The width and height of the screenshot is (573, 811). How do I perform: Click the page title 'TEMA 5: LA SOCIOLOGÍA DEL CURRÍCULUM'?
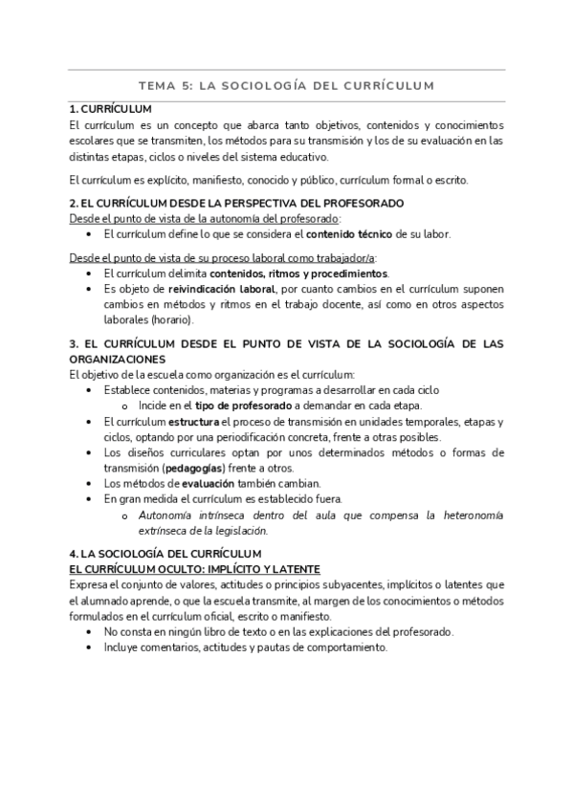coord(286,85)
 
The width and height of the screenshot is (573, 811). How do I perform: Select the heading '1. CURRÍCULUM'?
coord(111,109)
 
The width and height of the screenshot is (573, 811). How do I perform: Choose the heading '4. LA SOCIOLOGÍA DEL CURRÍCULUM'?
coord(159,554)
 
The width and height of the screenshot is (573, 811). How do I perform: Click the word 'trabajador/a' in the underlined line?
coord(347,257)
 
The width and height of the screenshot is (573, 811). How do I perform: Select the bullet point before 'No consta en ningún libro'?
coord(90,632)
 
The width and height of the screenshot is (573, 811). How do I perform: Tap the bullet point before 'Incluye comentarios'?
coord(90,647)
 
